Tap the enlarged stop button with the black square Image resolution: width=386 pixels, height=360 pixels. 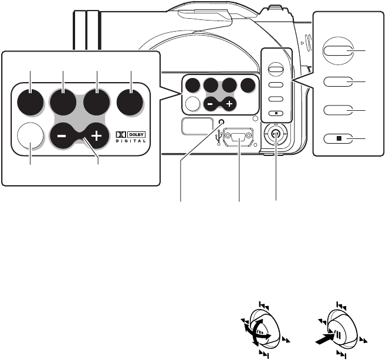pyautogui.click(x=337, y=139)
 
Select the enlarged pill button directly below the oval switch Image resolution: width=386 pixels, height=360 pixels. pyautogui.click(x=337, y=81)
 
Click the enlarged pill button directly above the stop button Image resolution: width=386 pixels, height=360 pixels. pyautogui.click(x=337, y=111)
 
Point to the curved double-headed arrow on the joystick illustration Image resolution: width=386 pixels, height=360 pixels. pyautogui.click(x=257, y=338)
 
